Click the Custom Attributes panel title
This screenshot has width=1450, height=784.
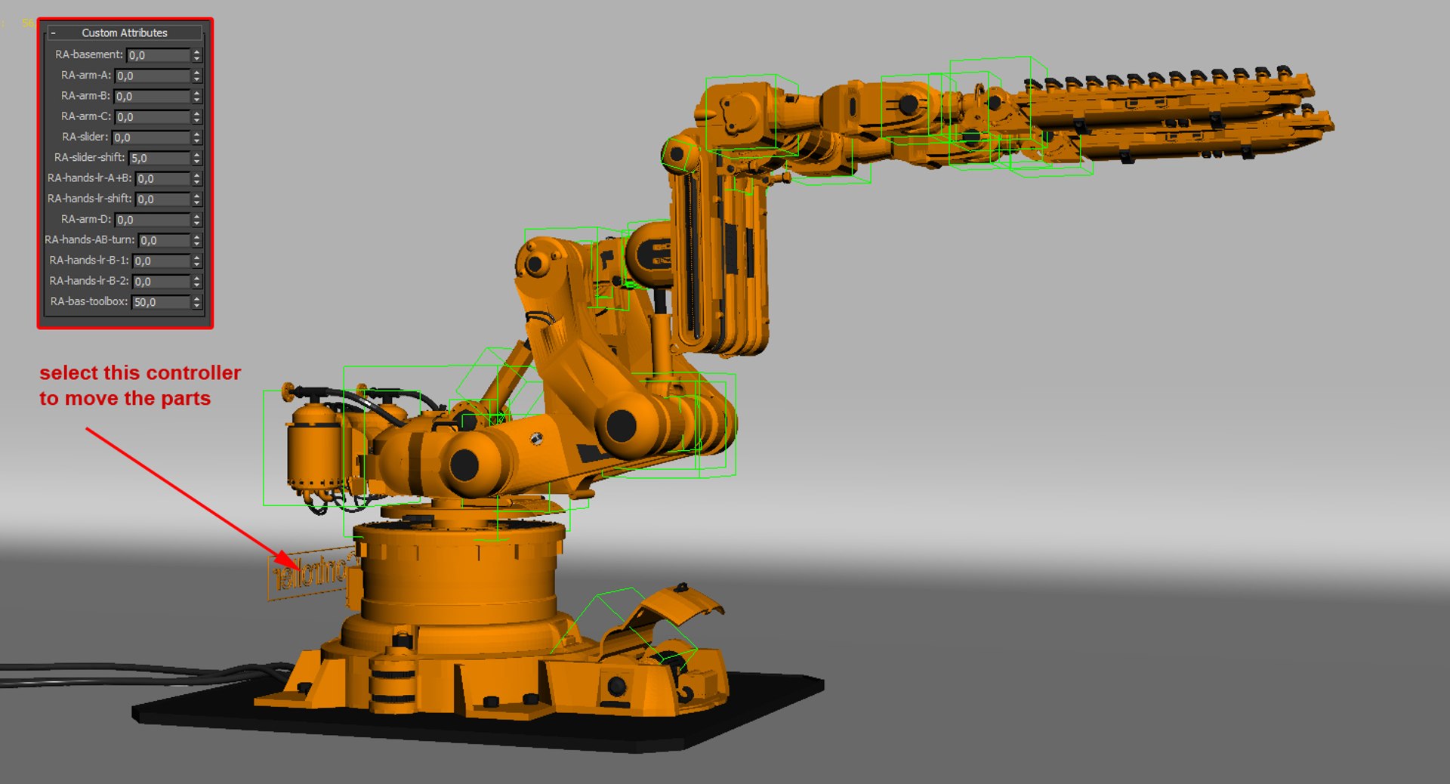click(125, 32)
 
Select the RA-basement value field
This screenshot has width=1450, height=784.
click(157, 55)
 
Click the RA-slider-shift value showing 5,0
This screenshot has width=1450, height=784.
click(159, 158)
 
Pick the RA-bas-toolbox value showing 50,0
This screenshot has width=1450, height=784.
click(159, 302)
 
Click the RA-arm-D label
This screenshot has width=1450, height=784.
click(85, 219)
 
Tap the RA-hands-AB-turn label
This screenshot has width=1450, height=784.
click(89, 239)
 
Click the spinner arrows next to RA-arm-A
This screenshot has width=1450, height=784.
click(197, 76)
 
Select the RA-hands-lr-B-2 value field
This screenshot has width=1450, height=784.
click(161, 281)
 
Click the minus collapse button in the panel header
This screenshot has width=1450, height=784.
click(53, 33)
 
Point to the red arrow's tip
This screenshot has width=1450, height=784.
click(298, 567)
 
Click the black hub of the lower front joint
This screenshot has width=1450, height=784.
click(464, 465)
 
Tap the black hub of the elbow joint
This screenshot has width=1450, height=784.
click(621, 426)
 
